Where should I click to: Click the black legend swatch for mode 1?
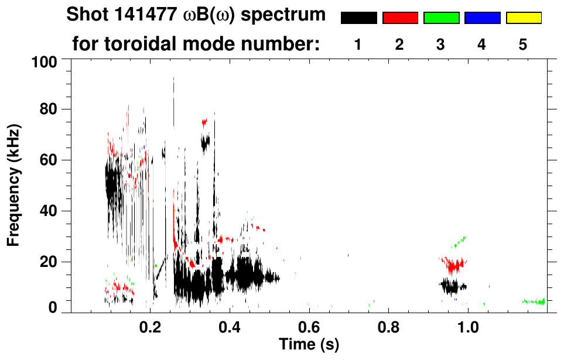[358, 18]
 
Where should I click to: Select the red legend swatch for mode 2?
[400, 18]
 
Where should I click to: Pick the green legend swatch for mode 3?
[441, 18]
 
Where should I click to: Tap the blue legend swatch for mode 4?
[482, 18]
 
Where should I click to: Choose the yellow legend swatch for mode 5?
[524, 18]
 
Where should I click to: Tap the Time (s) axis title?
[309, 344]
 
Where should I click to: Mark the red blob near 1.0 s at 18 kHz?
[454, 265]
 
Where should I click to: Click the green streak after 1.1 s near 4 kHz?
[534, 301]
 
